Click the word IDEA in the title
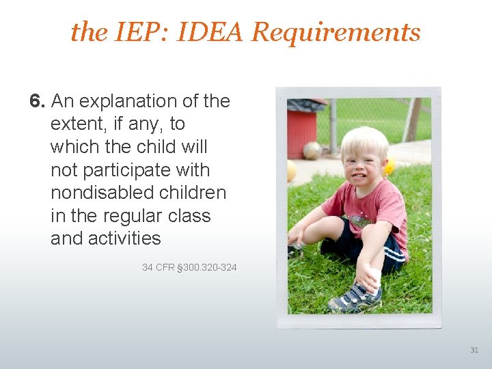click(x=213, y=31)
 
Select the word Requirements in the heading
click(x=336, y=32)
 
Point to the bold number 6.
click(x=37, y=101)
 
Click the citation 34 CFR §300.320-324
click(x=189, y=267)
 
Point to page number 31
click(x=474, y=350)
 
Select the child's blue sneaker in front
click(x=355, y=297)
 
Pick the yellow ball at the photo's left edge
click(x=292, y=171)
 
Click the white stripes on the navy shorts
click(x=394, y=257)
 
